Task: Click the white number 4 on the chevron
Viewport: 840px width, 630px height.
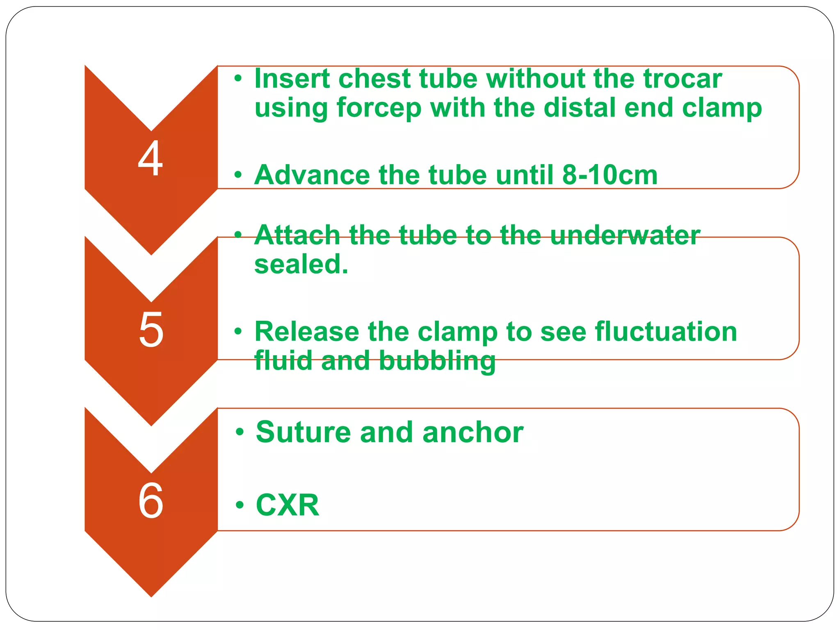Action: [x=151, y=158]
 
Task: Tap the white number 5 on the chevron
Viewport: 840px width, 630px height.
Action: [x=151, y=329]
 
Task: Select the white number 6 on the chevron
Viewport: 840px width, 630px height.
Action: [x=151, y=500]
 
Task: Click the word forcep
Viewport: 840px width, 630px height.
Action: [x=379, y=108]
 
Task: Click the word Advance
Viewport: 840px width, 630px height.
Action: [x=312, y=175]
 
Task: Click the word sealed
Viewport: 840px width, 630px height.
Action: [x=301, y=265]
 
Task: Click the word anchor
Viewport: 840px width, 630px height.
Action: [x=473, y=432]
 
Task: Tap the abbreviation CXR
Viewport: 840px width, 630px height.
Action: [x=287, y=505]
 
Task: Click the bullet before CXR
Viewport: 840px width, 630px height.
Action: [x=240, y=505]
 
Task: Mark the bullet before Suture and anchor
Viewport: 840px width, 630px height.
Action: [x=240, y=432]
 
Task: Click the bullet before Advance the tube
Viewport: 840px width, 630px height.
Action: [x=238, y=176]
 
